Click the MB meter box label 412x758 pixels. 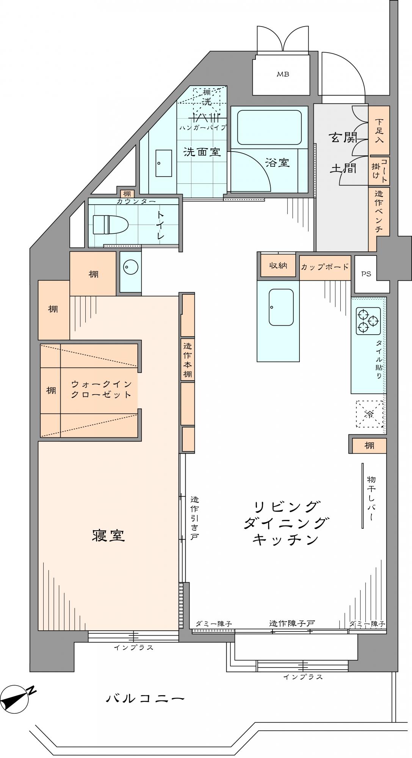283,74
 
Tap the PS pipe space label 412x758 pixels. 366,274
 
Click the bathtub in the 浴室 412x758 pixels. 269,127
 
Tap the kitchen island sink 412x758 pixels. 281,307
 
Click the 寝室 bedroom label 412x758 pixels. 108,535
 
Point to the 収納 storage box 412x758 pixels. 278,266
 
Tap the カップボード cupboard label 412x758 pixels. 325,267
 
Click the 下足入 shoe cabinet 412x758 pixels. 379,131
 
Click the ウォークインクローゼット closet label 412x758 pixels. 102,389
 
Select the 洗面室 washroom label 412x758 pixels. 202,152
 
